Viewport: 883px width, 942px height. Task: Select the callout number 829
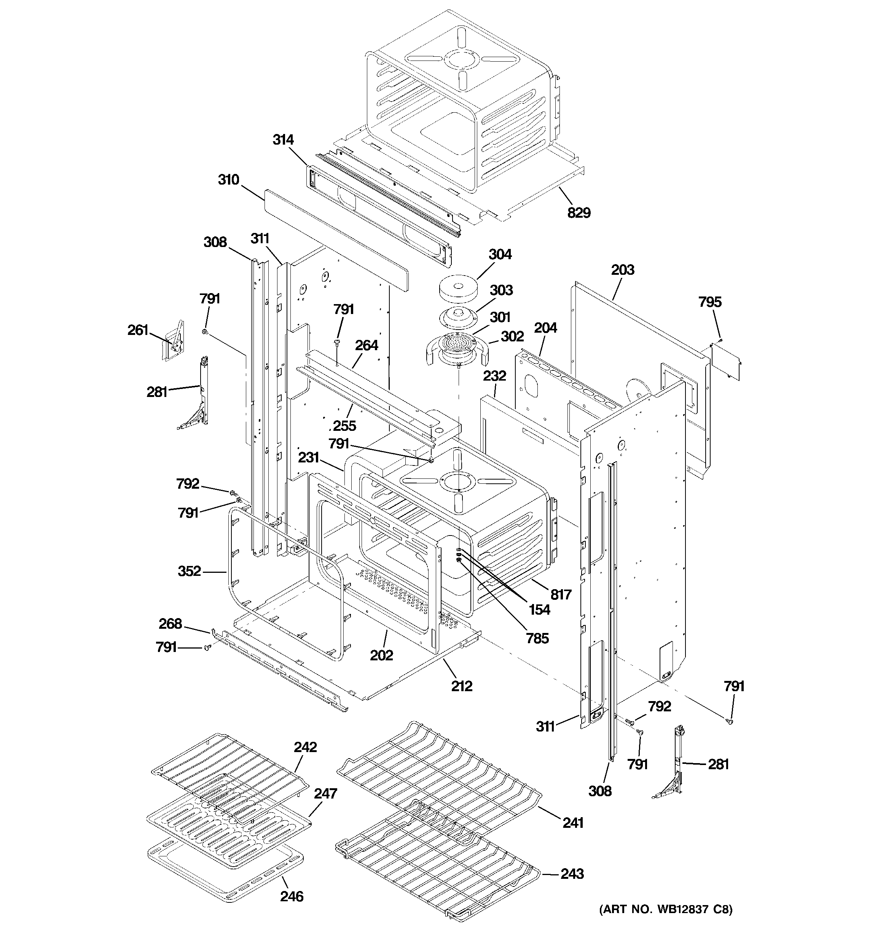579,213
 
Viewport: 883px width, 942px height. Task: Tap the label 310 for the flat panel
228,180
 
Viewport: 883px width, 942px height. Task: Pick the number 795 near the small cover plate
709,302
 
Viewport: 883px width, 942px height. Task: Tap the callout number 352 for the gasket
189,571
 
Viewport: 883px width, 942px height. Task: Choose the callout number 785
537,638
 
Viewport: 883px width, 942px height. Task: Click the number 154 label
539,609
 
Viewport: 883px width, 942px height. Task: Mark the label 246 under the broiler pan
292,896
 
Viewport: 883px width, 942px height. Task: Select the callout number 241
572,822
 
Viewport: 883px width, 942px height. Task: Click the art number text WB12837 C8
666,909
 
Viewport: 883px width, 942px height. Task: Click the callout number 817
561,594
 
